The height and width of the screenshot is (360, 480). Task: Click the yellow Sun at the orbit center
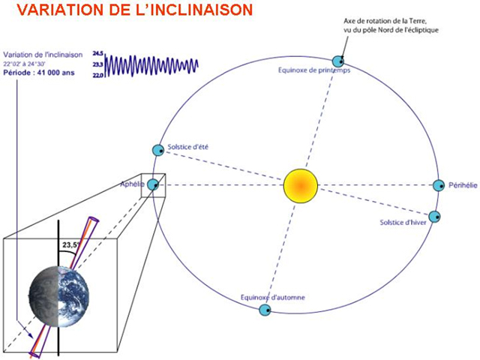point(301,185)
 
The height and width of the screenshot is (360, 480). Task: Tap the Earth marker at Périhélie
point(439,185)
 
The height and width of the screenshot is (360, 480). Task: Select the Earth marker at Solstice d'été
point(158,150)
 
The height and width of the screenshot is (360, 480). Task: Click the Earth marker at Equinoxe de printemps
point(338,61)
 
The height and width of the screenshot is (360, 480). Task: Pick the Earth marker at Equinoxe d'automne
point(265,310)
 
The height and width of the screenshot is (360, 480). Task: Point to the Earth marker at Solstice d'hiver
point(434,217)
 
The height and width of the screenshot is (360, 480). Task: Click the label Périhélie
point(463,185)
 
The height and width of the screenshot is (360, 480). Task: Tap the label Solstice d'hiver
point(403,222)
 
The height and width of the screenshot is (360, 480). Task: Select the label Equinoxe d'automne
point(272,297)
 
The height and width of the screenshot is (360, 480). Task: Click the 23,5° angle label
point(71,245)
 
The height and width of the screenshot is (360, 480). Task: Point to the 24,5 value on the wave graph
point(98,53)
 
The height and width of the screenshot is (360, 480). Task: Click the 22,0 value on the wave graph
point(98,75)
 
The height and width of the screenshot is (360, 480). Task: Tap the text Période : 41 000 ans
point(39,73)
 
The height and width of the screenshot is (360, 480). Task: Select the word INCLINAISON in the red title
point(202,10)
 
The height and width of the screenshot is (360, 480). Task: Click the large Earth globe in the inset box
point(58,296)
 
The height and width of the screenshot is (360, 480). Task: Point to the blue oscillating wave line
point(151,65)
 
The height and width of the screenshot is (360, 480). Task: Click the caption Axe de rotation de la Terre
point(385,21)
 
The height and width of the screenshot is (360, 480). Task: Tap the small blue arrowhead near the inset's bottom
point(30,335)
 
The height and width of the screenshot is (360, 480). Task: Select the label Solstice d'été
point(188,147)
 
